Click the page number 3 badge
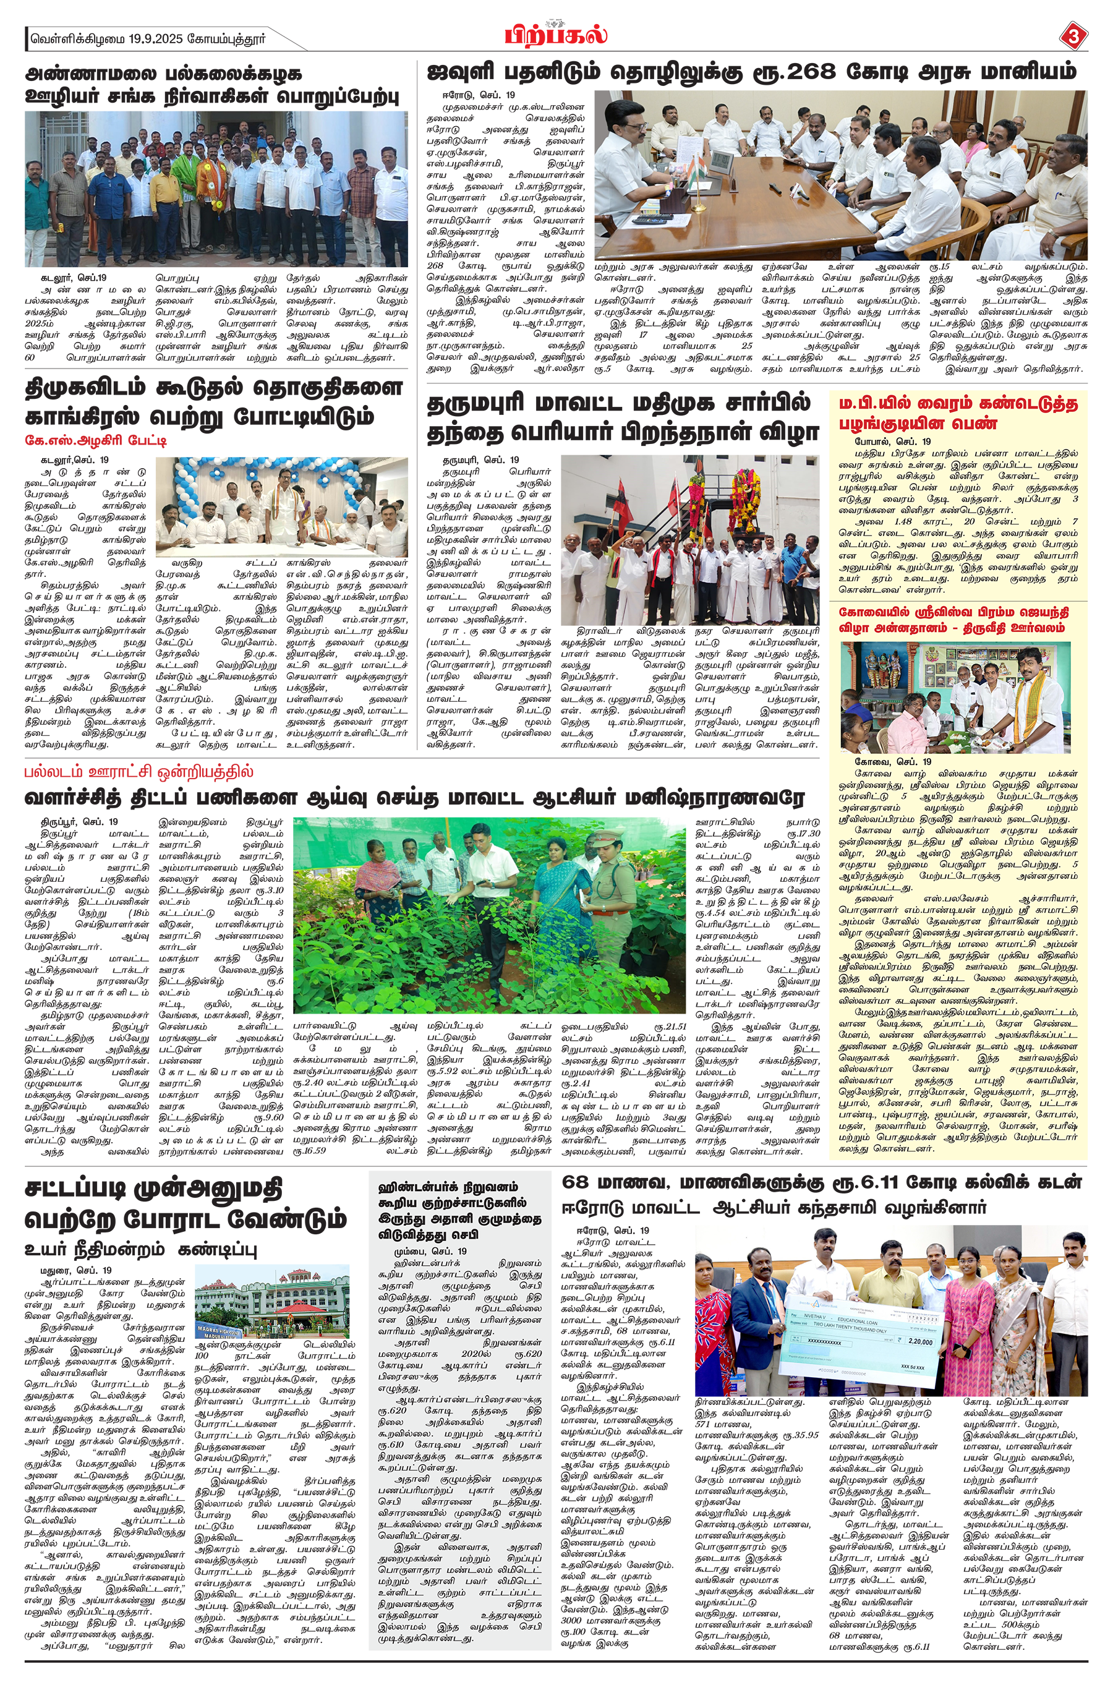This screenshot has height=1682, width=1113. [1073, 36]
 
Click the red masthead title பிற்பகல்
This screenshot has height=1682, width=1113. [556, 34]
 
